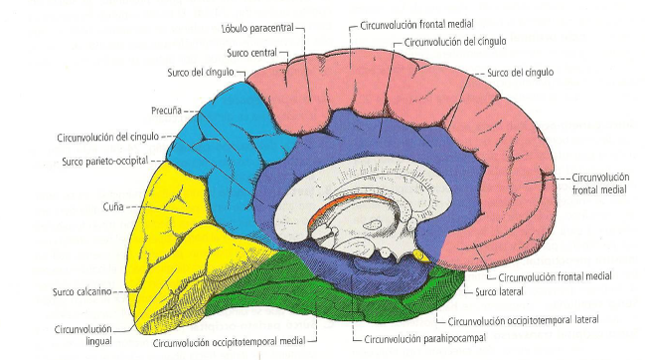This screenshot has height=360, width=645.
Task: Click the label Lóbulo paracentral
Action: tap(256, 29)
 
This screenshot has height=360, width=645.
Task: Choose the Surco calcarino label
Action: tap(81, 292)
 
